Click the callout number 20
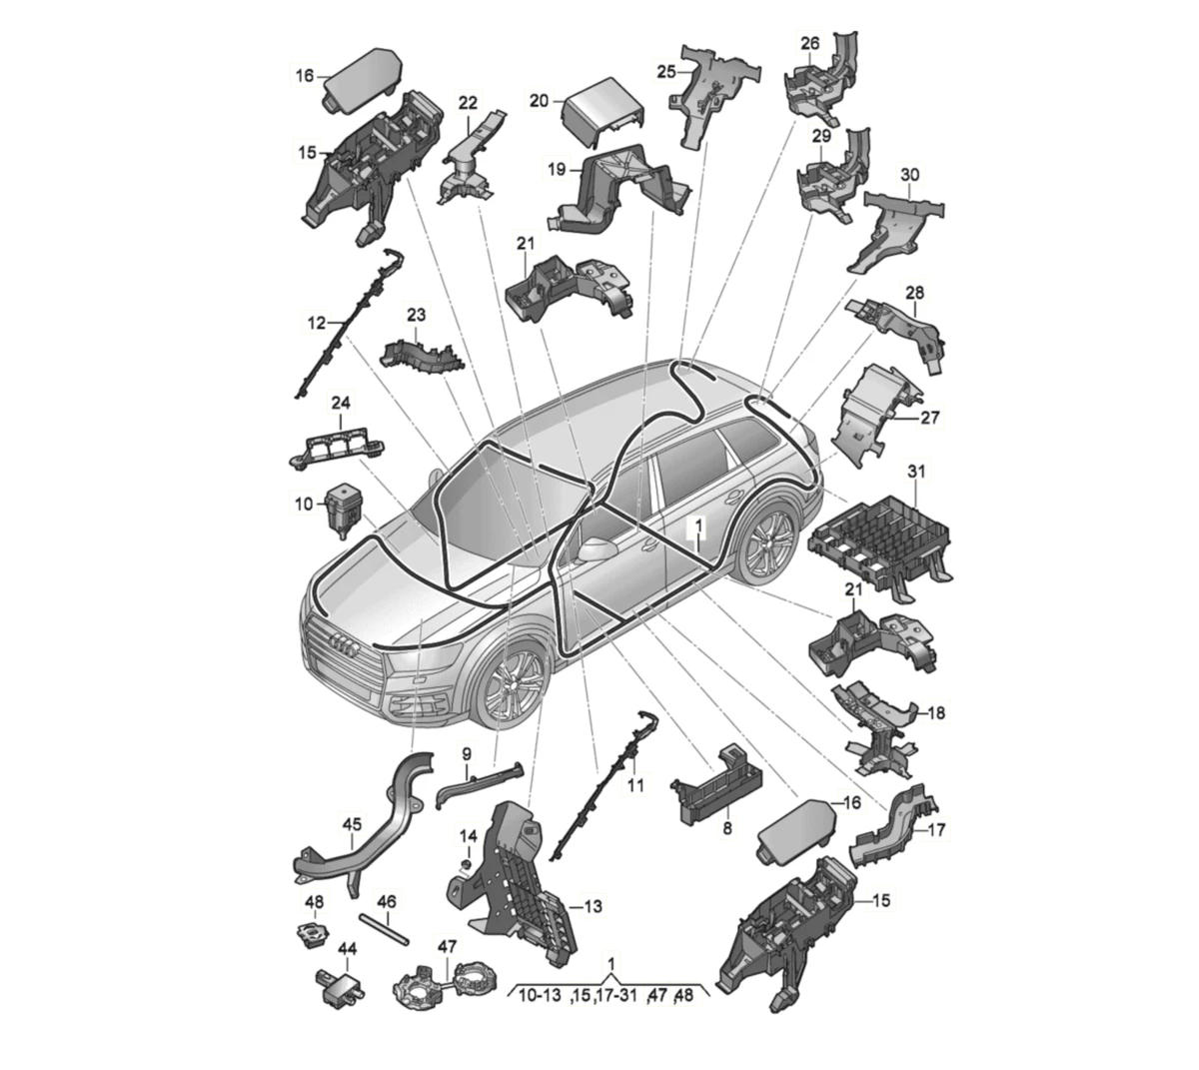[539, 101]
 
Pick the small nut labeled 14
[466, 867]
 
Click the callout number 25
[665, 72]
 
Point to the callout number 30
[909, 175]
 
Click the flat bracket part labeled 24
[336, 448]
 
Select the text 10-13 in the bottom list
[540, 995]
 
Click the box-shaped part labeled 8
[715, 786]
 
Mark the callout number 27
[930, 418]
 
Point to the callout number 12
[317, 323]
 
